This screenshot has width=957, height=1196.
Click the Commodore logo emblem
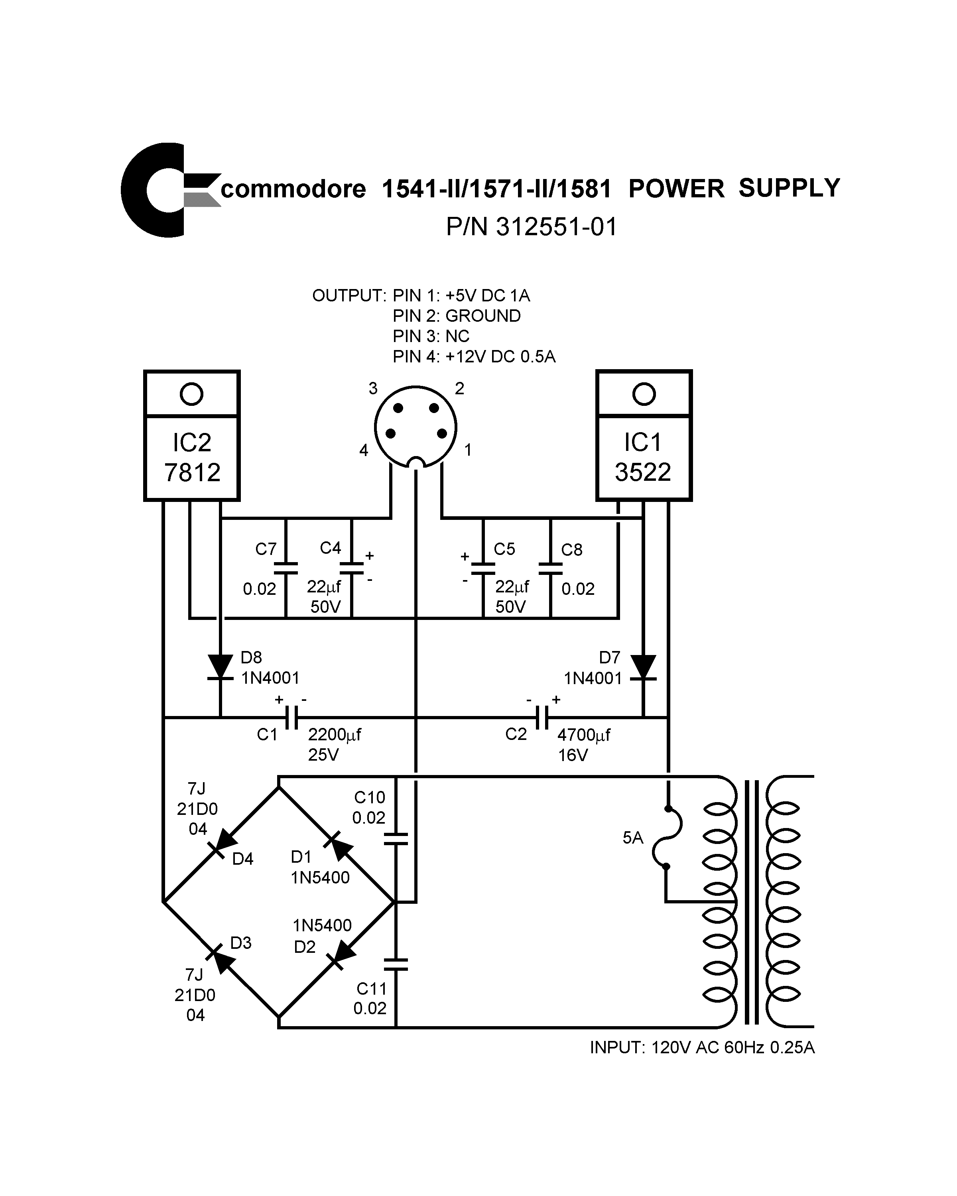pos(166,190)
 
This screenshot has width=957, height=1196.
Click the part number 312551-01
pos(556,227)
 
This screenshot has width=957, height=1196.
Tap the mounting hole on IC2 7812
pos(191,394)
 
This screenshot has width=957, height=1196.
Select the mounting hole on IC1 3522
pos(644,394)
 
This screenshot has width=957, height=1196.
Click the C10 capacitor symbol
pos(396,838)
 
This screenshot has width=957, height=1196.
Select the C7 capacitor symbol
pos(286,568)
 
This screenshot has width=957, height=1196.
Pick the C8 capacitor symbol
pos(550,568)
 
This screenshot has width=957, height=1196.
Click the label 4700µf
pos(583,735)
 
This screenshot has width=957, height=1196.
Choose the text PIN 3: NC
pos(431,336)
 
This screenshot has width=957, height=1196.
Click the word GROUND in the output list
pos(482,316)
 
